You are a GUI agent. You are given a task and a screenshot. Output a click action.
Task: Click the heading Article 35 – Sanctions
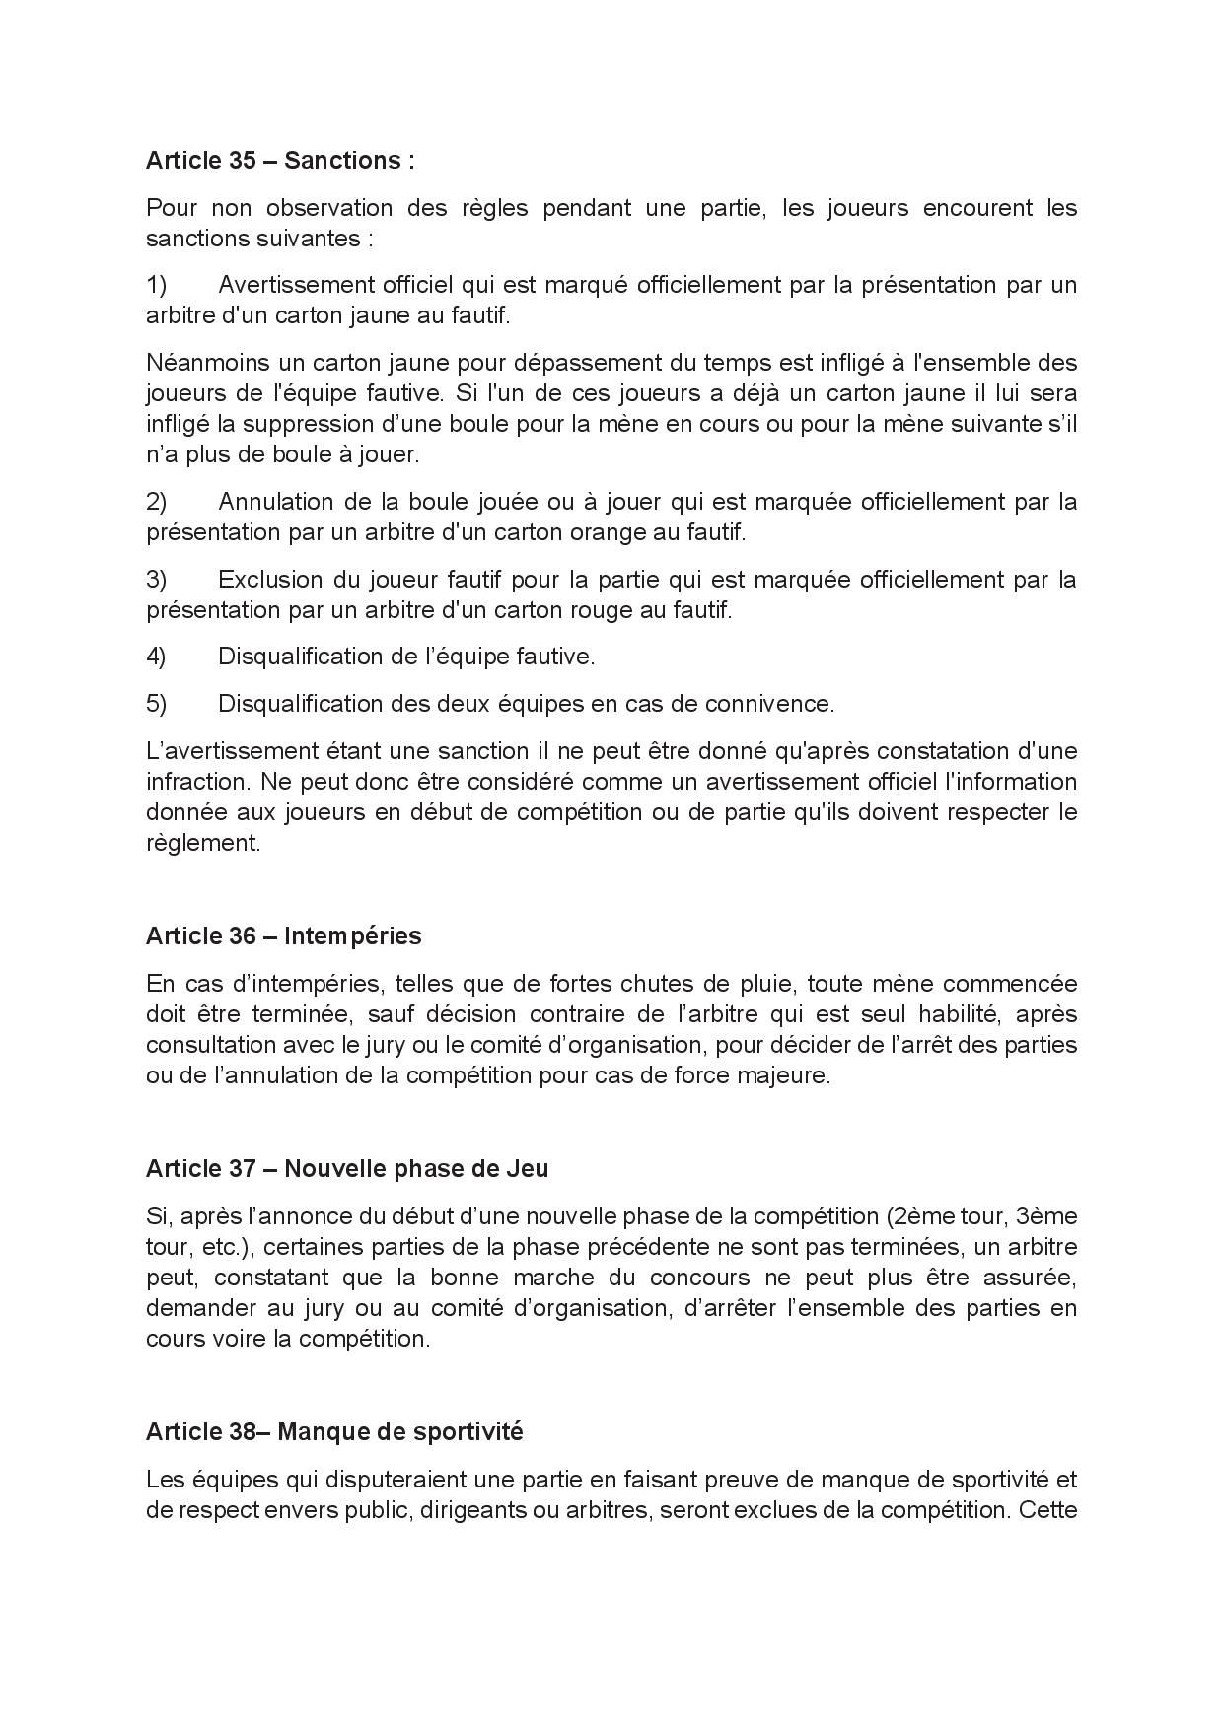(x=280, y=161)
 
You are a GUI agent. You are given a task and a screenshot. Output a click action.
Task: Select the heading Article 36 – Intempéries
(x=283, y=935)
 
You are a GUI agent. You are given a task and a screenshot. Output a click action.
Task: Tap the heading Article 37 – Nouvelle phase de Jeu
(x=347, y=1168)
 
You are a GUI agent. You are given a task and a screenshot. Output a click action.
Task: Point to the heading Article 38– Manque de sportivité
(x=334, y=1431)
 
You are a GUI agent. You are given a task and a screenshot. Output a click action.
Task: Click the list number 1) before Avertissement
(x=157, y=285)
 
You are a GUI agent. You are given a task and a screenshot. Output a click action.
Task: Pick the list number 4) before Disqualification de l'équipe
(x=157, y=657)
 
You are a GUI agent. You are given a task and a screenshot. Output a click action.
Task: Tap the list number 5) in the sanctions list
(x=157, y=704)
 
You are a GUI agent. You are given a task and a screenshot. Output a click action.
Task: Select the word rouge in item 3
(x=603, y=610)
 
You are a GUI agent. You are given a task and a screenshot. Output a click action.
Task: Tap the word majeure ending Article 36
(x=788, y=1075)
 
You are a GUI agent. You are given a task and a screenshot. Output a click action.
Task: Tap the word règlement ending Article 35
(x=203, y=844)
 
